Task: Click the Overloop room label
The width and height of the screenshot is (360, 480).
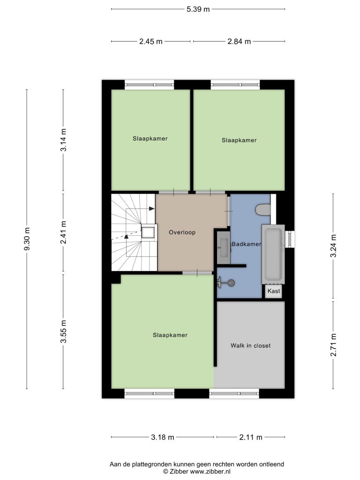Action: tap(182, 232)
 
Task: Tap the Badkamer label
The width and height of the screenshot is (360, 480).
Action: tap(247, 244)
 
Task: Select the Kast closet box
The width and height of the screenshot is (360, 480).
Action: tap(274, 291)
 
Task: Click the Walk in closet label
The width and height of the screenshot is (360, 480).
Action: tap(250, 345)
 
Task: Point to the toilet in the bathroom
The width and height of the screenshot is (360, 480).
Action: tap(263, 210)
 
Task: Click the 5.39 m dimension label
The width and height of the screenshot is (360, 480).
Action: tap(198, 9)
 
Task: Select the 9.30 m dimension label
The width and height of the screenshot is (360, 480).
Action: tap(27, 239)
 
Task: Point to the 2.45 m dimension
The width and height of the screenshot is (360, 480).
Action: tap(150, 41)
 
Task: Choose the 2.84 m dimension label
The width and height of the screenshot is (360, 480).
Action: tap(239, 41)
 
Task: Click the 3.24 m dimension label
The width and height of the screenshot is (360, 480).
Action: tap(333, 246)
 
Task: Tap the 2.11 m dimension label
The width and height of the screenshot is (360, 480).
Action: tap(251, 437)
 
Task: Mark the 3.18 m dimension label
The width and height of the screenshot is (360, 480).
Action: tap(163, 437)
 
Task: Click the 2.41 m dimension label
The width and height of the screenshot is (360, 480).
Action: tap(63, 232)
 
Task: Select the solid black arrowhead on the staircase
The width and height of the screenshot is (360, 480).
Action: tap(151, 209)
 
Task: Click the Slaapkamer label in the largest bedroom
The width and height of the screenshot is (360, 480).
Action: tap(170, 335)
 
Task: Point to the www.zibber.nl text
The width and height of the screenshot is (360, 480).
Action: tap(210, 472)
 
